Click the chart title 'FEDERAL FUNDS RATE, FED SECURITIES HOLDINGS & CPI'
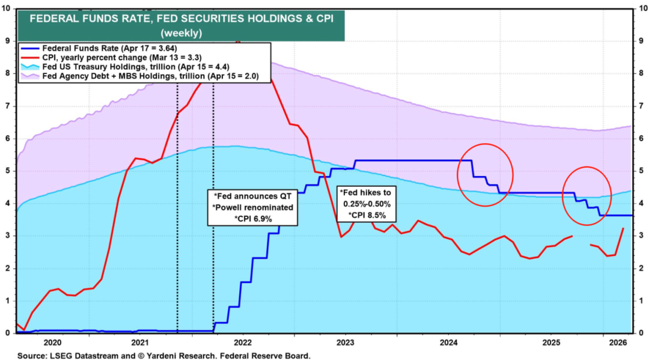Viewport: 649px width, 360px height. click(x=180, y=18)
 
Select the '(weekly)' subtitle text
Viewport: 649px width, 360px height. click(x=180, y=32)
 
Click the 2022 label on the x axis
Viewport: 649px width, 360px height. click(x=243, y=342)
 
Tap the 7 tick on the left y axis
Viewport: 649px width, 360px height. click(x=8, y=106)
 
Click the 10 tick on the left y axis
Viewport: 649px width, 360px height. click(x=7, y=8)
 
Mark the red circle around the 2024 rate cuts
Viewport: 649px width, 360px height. click(x=485, y=174)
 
